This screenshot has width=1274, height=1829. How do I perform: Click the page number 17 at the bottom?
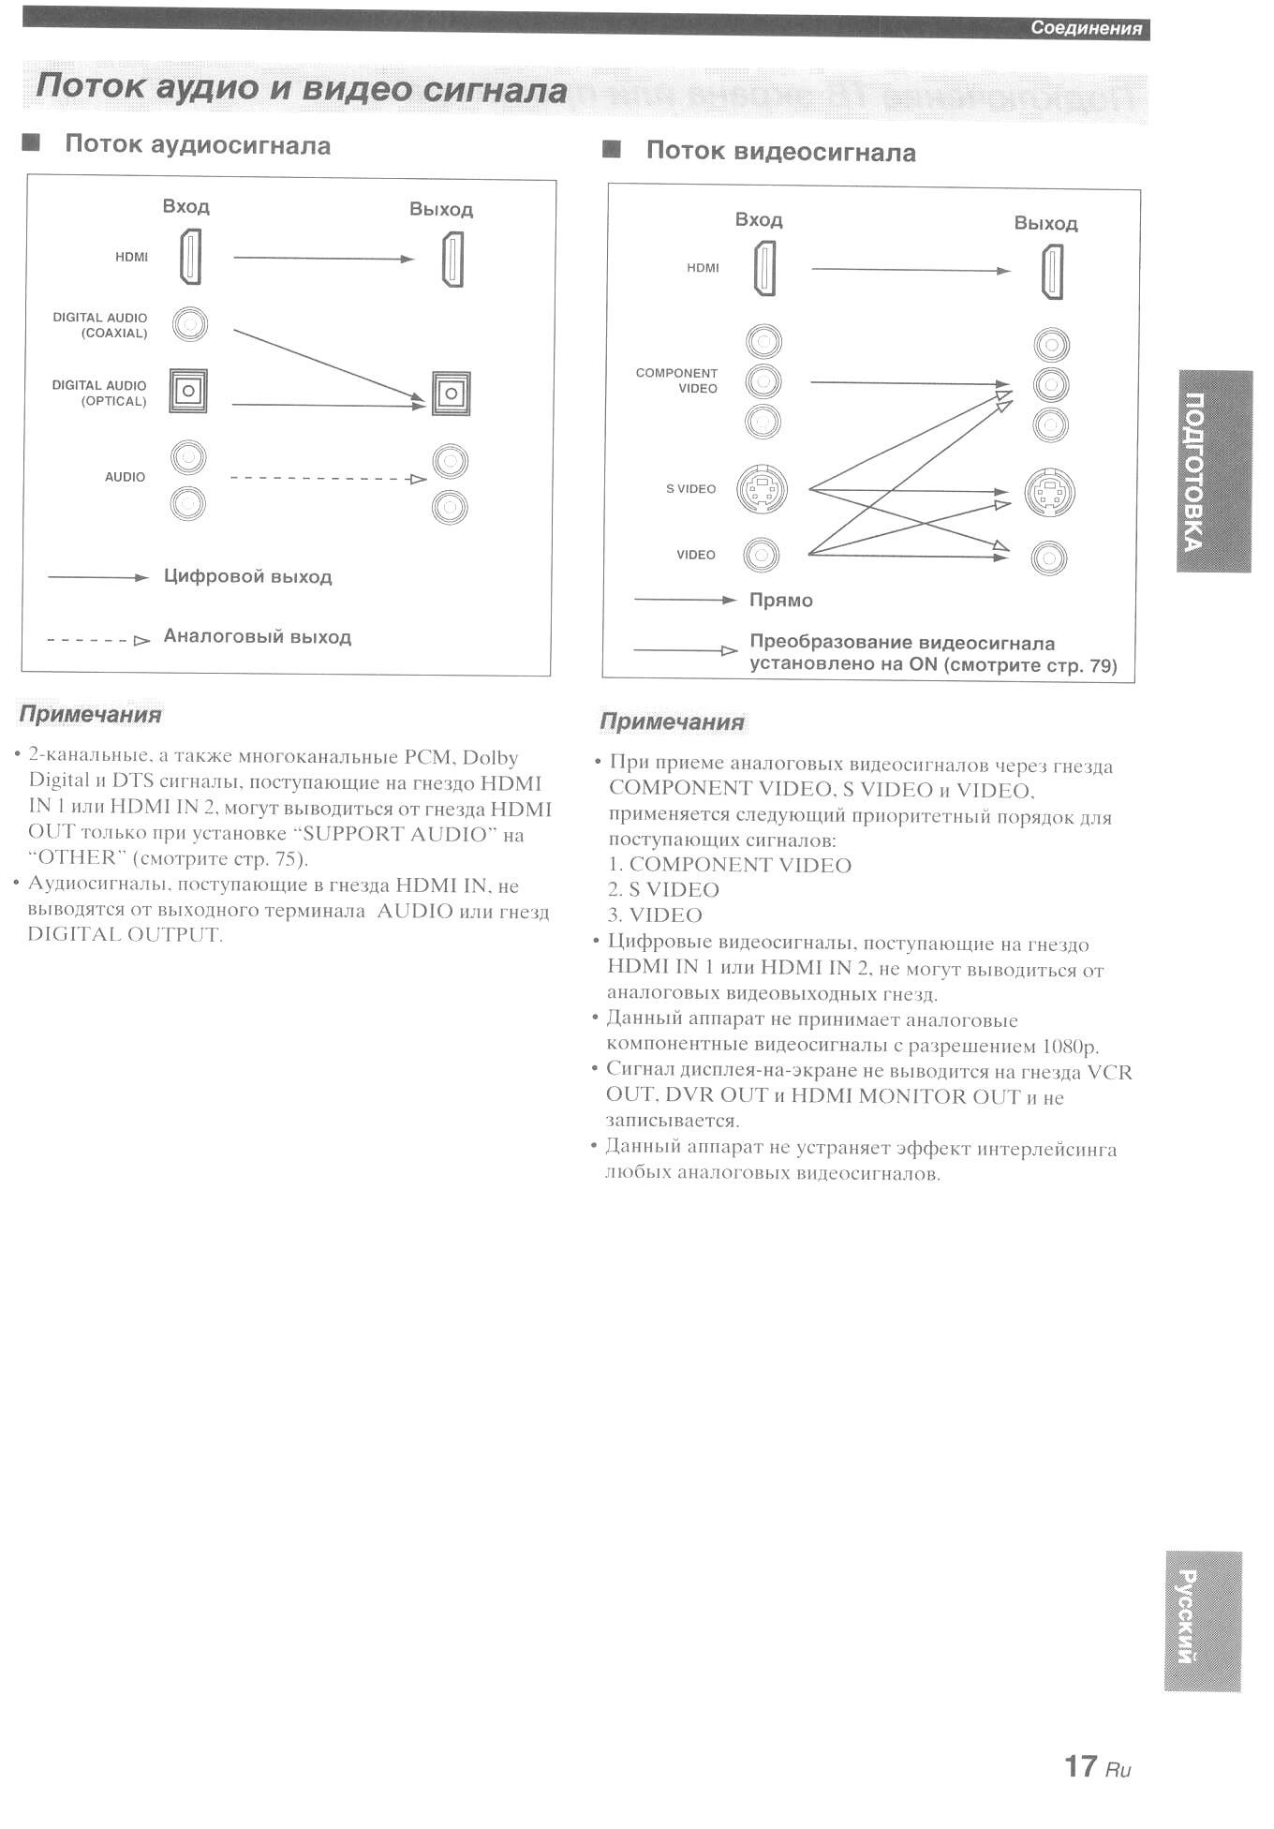pyautogui.click(x=1080, y=1765)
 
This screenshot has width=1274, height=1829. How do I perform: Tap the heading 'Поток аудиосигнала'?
pyautogui.click(x=197, y=145)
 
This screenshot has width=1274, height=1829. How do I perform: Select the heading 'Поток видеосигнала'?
pyautogui.click(x=780, y=152)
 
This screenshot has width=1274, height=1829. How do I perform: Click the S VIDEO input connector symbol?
pyautogui.click(x=762, y=489)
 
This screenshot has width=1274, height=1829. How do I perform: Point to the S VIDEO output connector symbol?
pyautogui.click(x=1049, y=493)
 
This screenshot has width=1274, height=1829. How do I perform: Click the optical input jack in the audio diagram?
pyautogui.click(x=188, y=391)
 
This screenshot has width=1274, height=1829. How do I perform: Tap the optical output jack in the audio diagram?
pyautogui.click(x=451, y=394)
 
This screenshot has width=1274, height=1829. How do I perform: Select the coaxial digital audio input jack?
pyautogui.click(x=190, y=324)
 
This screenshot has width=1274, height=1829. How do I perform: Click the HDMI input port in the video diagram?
pyautogui.click(x=764, y=268)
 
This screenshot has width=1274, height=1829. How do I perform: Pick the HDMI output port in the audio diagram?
pyautogui.click(x=452, y=260)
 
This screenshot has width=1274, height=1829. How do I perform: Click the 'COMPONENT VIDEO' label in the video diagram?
pyautogui.click(x=676, y=380)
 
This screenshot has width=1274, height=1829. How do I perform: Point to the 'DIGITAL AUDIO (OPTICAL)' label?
pyautogui.click(x=99, y=393)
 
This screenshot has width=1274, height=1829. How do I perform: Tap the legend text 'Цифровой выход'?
pyautogui.click(x=247, y=576)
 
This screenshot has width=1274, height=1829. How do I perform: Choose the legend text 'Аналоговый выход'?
pyautogui.click(x=257, y=636)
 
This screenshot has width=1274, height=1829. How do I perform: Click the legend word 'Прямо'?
pyautogui.click(x=780, y=600)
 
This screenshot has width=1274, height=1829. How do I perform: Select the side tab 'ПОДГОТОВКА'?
pyautogui.click(x=1213, y=471)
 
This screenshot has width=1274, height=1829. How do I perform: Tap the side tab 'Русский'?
pyautogui.click(x=1202, y=1622)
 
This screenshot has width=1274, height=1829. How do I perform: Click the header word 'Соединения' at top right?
pyautogui.click(x=1086, y=28)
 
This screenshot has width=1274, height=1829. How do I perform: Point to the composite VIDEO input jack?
pyautogui.click(x=761, y=556)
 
